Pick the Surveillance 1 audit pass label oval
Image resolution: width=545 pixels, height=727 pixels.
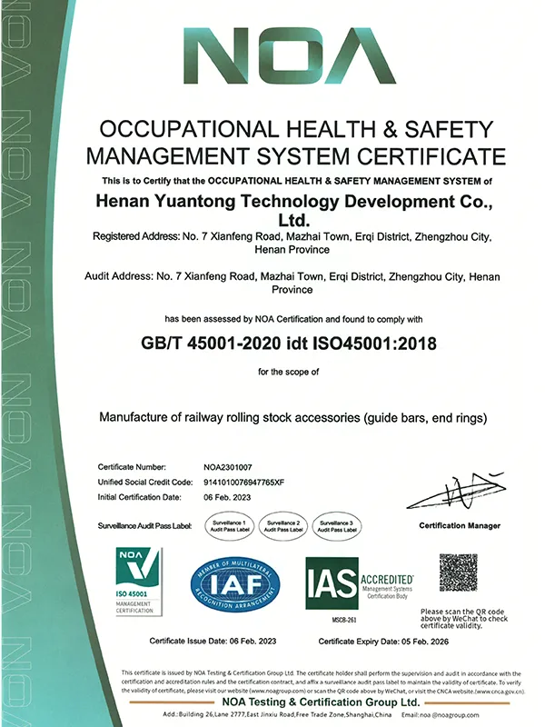(230, 526)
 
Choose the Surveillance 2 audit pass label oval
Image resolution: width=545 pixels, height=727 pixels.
(285, 526)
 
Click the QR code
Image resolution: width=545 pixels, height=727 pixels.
(458, 573)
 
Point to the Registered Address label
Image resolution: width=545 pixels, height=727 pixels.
(135, 237)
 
